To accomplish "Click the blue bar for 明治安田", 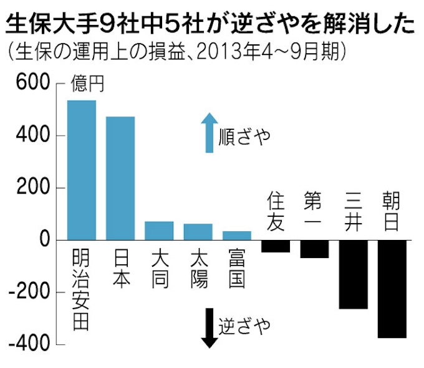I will (82, 170).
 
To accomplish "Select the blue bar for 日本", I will (120, 178).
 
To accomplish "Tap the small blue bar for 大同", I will (159, 231).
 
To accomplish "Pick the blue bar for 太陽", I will (198, 232).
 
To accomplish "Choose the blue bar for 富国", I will (236, 236).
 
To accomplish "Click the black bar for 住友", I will (275, 246).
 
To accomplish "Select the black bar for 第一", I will (314, 249).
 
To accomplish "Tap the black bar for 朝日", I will (392, 289).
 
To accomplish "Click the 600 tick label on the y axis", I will (28, 84).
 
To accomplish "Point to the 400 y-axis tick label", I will (28, 136).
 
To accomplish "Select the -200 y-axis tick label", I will (26, 292).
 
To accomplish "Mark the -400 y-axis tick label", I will (26, 344).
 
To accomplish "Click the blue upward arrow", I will (210, 132).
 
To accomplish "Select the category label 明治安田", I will (82, 289).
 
